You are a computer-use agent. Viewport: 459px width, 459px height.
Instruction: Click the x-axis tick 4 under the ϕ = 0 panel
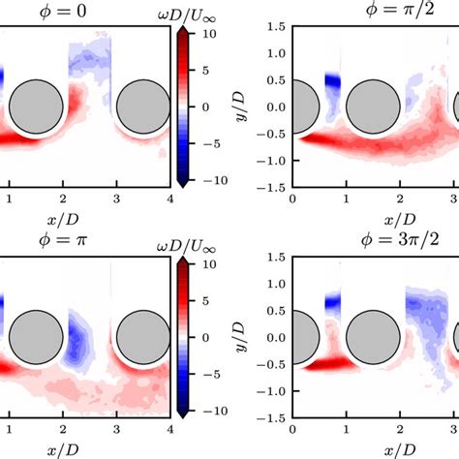click(x=170, y=199)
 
